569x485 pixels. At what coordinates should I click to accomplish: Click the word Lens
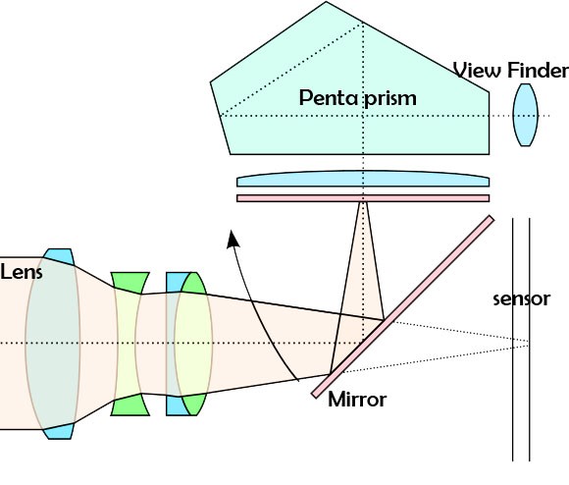[x=22, y=271]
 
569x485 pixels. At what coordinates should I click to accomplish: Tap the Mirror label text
[x=357, y=400]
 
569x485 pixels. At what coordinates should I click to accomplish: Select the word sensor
[x=520, y=298]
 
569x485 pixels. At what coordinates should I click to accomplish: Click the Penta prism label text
[x=358, y=98]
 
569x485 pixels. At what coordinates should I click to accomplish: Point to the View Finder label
[x=510, y=71]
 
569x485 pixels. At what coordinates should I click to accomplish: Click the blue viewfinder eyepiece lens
[x=528, y=116]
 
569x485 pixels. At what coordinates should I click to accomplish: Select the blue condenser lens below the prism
[x=362, y=181]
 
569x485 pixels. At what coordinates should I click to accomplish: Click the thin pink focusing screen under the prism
[x=362, y=198]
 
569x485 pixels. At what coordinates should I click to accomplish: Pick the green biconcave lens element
[x=129, y=344]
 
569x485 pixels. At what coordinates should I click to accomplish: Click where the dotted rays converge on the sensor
[x=531, y=343]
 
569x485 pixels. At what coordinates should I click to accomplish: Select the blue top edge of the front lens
[x=60, y=254]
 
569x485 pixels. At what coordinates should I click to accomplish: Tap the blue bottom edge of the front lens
[x=60, y=431]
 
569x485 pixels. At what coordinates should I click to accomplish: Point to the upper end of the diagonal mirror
[x=488, y=220]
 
